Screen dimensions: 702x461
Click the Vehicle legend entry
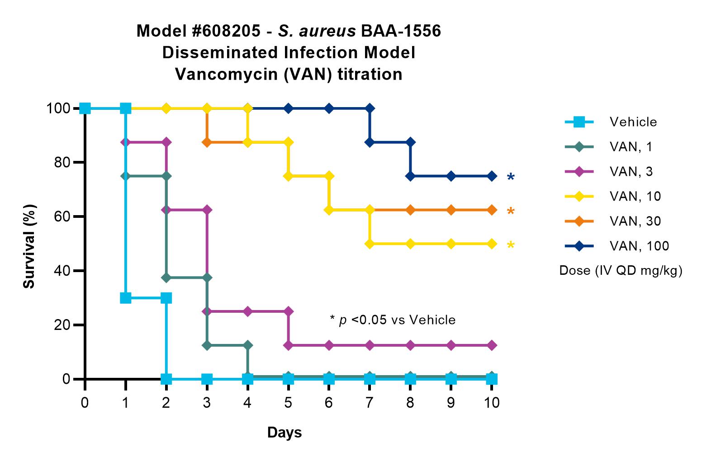click(611, 122)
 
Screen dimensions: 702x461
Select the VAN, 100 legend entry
click(617, 246)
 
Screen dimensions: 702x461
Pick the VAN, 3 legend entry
click(609, 171)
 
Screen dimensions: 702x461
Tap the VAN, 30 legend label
click(635, 221)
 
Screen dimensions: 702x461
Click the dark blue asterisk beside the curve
click(511, 177)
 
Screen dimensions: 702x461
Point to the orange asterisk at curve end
click(511, 211)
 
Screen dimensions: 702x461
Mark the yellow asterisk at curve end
click(511, 245)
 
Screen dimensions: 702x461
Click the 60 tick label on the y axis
click(62, 216)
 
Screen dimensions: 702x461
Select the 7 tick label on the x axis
click(370, 402)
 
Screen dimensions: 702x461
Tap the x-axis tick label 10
click(491, 402)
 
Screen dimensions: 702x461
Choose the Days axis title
click(284, 433)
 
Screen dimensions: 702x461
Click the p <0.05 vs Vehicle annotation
click(393, 320)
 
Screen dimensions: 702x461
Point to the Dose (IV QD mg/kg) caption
click(621, 270)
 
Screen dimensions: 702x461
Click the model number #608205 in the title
click(226, 31)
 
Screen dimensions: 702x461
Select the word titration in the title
click(370, 75)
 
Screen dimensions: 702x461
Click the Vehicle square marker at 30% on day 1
click(126, 298)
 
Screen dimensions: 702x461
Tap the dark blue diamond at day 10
click(492, 176)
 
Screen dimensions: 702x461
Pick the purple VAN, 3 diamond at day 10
click(492, 345)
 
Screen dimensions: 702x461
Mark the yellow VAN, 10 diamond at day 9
click(451, 244)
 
